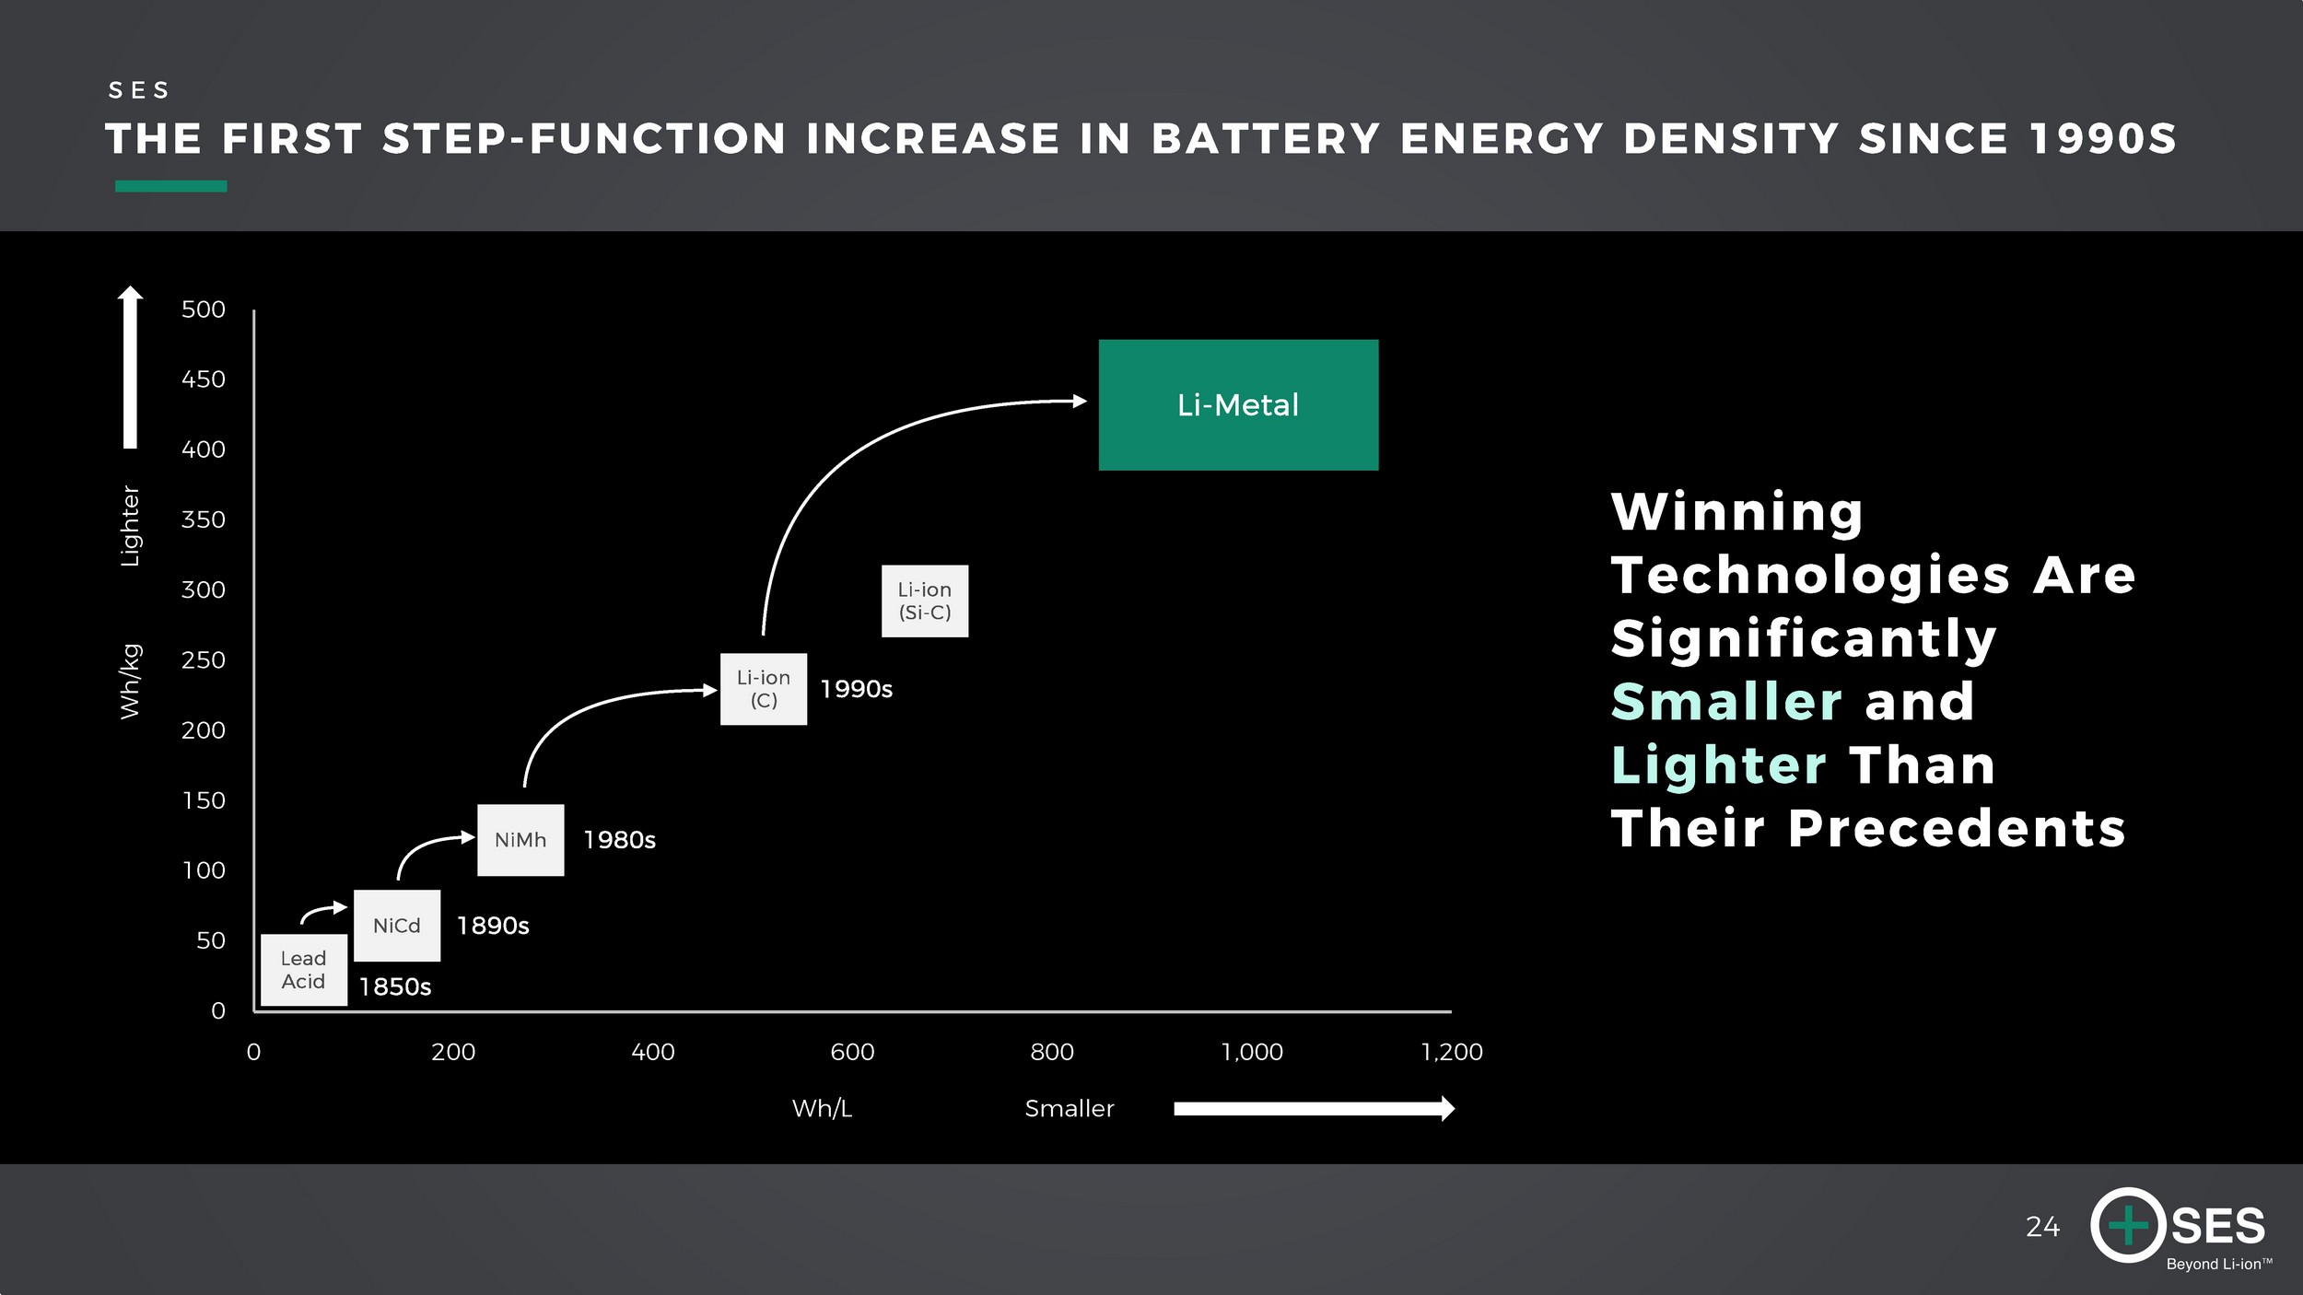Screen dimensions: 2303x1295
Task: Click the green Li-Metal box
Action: point(1238,405)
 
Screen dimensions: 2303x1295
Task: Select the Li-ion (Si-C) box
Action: point(925,601)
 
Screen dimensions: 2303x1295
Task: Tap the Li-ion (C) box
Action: point(764,689)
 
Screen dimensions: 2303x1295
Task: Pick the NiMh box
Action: point(520,840)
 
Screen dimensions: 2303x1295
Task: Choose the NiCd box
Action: point(397,926)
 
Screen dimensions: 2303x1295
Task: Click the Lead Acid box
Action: point(304,970)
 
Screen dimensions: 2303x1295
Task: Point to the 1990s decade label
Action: point(857,689)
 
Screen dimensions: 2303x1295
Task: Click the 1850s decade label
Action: point(395,986)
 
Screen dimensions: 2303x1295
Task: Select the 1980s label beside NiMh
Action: point(620,840)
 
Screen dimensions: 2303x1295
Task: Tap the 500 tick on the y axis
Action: point(204,309)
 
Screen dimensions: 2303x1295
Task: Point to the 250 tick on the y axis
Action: point(204,660)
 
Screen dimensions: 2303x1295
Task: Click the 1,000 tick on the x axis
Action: point(1252,1052)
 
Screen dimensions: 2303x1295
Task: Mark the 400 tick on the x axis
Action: point(653,1052)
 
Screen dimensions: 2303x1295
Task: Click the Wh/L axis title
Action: point(823,1108)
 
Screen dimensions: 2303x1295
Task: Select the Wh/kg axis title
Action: point(131,682)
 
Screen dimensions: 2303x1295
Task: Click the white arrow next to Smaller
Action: point(1315,1108)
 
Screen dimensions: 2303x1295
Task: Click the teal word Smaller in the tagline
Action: point(1726,702)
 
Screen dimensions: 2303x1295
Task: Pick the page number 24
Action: point(2042,1227)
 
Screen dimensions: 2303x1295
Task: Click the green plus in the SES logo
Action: point(2129,1225)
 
